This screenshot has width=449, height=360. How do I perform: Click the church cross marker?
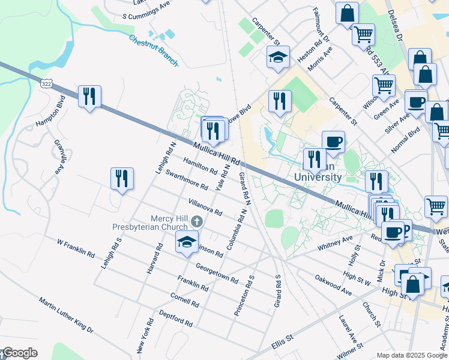click(196, 223)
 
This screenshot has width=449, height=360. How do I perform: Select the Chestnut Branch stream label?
click(153, 46)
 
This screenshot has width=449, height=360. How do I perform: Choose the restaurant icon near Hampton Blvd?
click(89, 96)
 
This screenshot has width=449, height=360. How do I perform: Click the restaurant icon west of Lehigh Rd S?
click(122, 178)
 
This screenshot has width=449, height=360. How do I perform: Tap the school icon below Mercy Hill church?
click(187, 242)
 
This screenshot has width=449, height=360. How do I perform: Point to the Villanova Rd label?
click(205, 208)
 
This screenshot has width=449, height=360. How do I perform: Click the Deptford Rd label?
click(175, 318)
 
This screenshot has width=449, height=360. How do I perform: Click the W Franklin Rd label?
click(76, 248)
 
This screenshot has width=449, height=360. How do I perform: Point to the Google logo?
click(19, 353)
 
